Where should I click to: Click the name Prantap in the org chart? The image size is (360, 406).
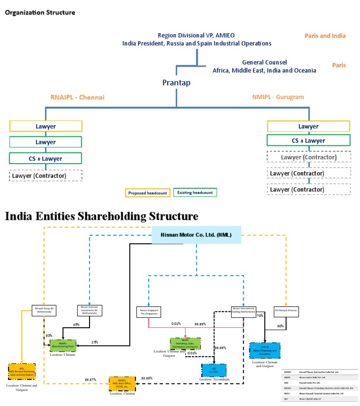[x=176, y=83]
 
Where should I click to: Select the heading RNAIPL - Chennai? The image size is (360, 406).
[x=77, y=98]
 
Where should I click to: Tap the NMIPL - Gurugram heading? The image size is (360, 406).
[x=278, y=97]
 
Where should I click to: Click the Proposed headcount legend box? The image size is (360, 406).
[x=147, y=192]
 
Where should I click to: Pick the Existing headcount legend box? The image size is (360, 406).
[x=195, y=192]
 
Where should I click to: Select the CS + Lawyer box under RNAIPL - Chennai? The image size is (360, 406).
[x=45, y=158]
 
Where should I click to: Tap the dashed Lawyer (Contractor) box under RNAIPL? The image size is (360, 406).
[x=45, y=176]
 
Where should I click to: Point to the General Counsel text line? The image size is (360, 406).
[x=264, y=62]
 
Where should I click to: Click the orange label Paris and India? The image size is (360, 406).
[x=325, y=36]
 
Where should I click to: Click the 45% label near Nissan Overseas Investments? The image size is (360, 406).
[x=76, y=324]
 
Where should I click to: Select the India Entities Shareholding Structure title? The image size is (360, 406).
[x=101, y=217]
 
